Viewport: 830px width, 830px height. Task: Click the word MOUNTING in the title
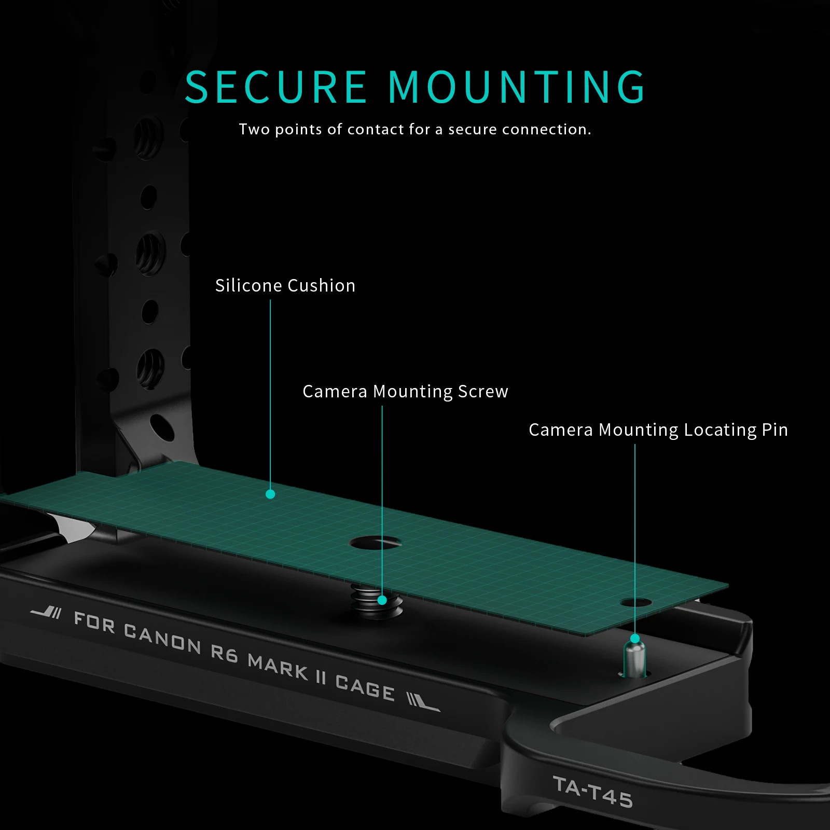coord(517,87)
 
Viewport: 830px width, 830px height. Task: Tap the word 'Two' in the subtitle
coord(254,129)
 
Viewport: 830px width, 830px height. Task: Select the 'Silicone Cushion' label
coord(285,286)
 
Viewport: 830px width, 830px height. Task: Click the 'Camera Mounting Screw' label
coord(405,392)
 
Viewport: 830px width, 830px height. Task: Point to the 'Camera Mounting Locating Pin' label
coord(658,430)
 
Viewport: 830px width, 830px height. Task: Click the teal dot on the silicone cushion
coord(270,494)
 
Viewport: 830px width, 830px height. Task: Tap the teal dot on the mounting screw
coord(382,600)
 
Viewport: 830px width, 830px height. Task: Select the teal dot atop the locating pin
coord(635,638)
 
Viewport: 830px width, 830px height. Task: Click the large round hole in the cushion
coord(375,543)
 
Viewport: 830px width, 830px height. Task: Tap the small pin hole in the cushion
coord(636,603)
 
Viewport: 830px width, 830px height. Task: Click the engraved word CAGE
coord(365,687)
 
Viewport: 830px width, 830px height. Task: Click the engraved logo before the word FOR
coord(47,612)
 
